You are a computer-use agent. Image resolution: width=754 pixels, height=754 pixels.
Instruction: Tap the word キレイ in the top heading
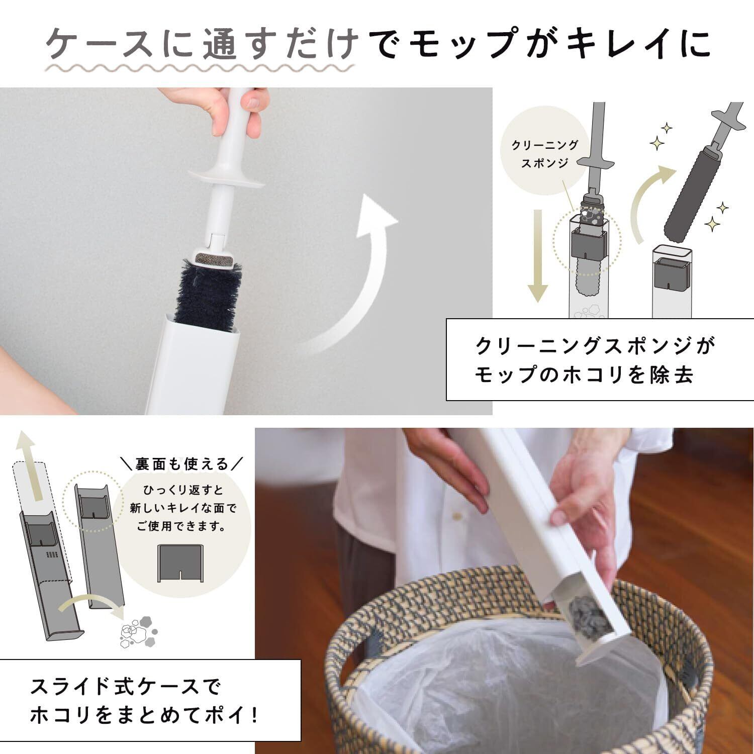pos(615,43)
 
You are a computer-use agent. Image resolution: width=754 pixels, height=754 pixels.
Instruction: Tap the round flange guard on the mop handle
pos(232,177)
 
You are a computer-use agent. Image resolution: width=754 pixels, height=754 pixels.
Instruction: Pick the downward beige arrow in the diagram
pos(538,256)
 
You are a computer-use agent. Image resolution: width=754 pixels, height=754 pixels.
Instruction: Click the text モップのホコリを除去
pos(585,375)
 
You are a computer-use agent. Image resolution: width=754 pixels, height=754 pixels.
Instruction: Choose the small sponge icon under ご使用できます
pos(179,562)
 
